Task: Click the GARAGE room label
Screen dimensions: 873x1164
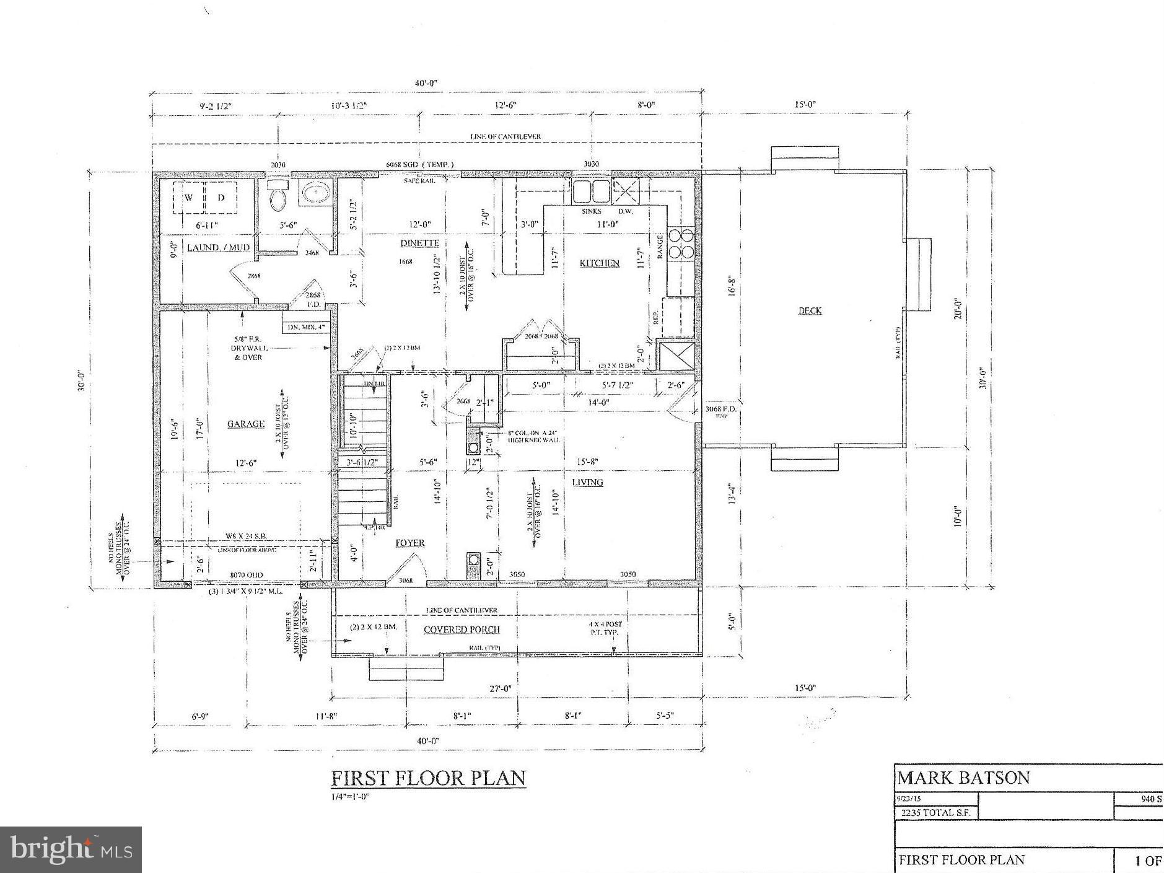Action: pos(246,424)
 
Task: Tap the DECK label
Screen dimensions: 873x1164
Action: pos(810,310)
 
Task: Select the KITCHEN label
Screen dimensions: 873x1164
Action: pos(599,263)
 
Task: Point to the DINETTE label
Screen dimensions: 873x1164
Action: pos(419,243)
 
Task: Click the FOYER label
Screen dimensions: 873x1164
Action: pos(410,543)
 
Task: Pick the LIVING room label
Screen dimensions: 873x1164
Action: pos(587,482)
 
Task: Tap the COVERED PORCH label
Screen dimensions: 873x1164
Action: pos(462,630)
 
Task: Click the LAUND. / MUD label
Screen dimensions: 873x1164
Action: pos(210,247)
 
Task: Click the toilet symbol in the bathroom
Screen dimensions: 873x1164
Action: pos(277,198)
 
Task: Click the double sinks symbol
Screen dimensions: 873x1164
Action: pos(590,192)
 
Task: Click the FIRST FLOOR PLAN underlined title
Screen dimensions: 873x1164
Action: pos(428,778)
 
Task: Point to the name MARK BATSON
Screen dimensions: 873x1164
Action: pos(963,778)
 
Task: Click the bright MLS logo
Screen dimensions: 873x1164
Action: pos(71,849)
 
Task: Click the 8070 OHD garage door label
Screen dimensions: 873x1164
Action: pos(247,575)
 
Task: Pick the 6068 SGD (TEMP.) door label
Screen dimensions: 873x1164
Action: pos(419,164)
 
